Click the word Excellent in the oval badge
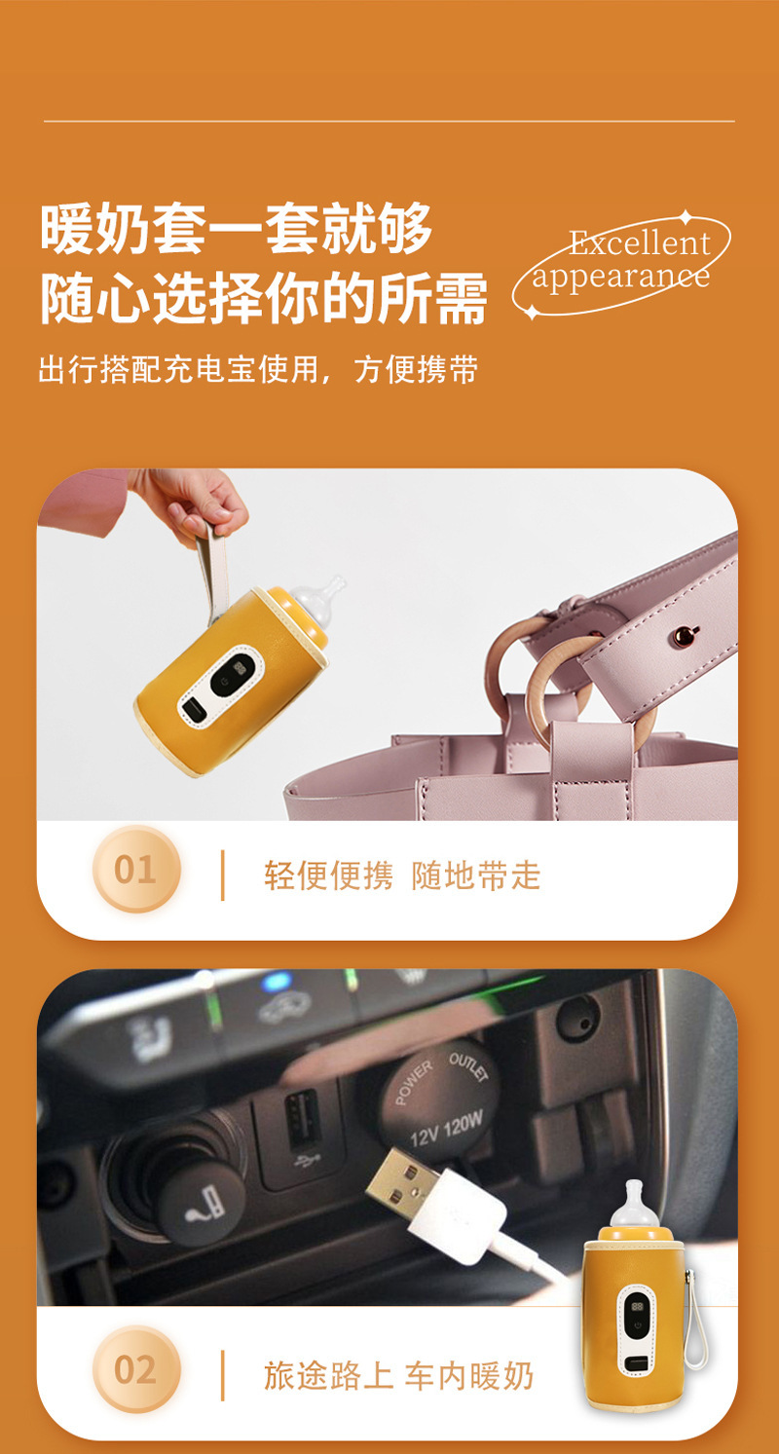640,242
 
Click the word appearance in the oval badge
620,278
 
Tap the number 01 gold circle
136,869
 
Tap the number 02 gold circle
136,1369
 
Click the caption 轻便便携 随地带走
402,875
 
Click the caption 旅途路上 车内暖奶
398,1375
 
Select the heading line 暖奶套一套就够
237,229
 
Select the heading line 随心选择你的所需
264,298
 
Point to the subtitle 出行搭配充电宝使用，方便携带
258,369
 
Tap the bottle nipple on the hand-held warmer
319,600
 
